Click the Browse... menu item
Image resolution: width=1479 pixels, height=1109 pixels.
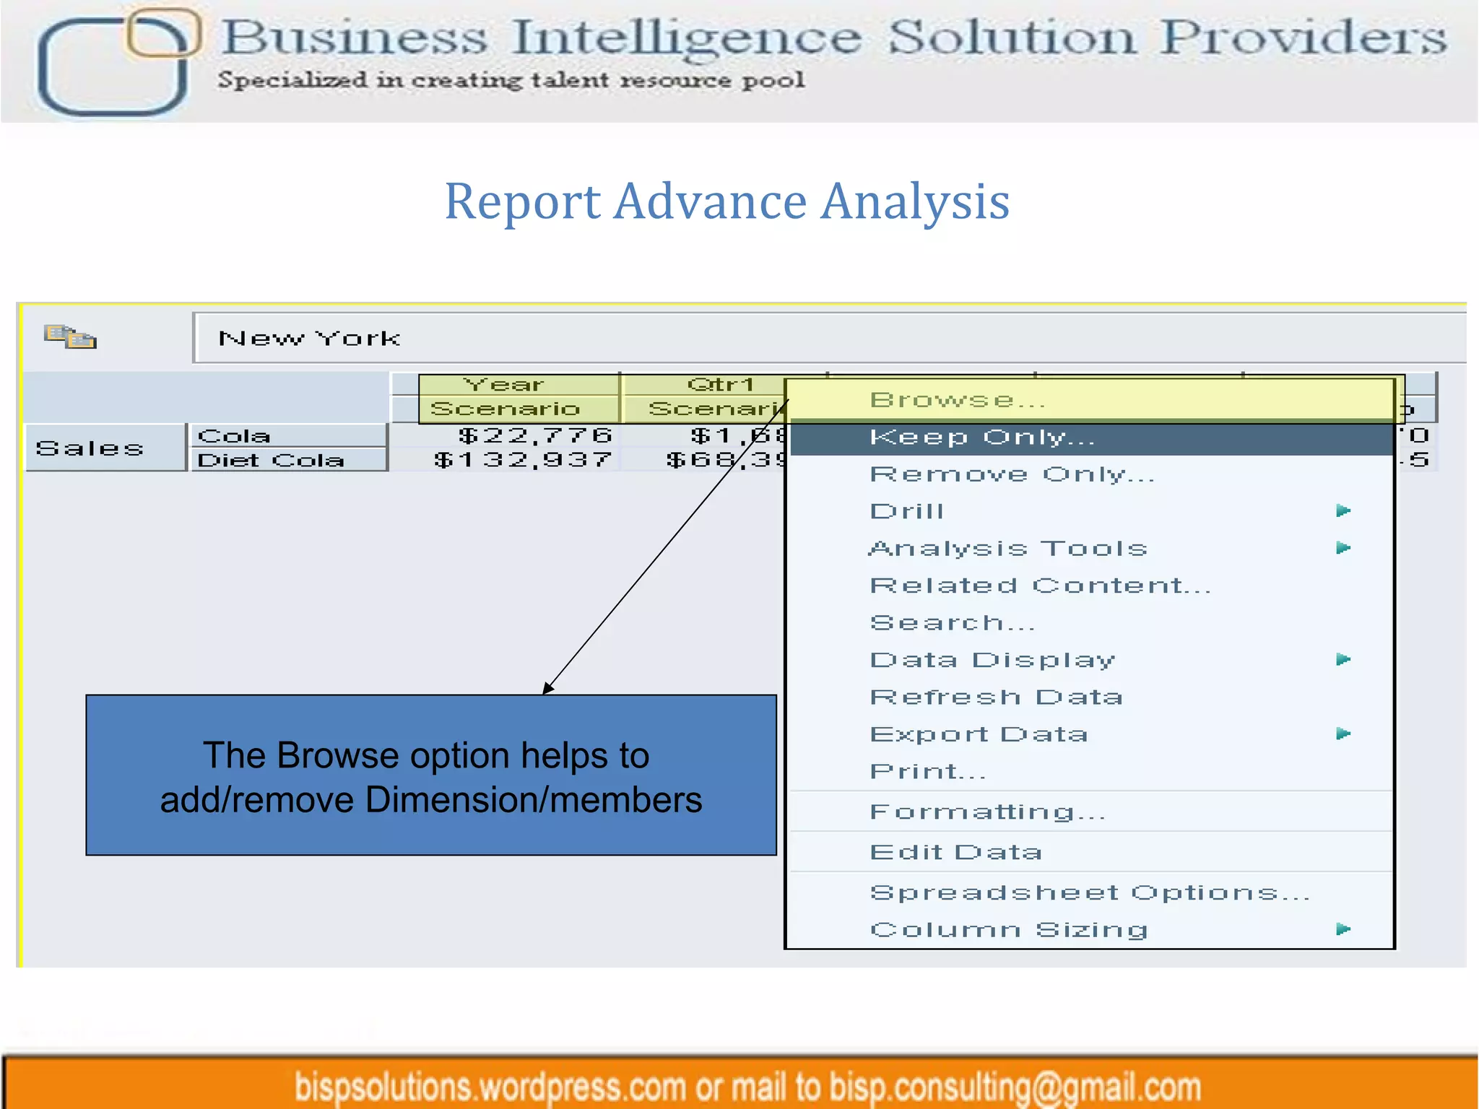957,400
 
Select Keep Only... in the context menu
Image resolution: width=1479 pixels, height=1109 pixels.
982,438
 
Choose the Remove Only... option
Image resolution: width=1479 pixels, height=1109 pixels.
1011,474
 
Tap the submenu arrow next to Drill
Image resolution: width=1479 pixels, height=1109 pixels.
1343,511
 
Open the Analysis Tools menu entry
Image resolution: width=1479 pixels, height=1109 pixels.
1008,549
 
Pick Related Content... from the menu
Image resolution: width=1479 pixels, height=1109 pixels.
1040,586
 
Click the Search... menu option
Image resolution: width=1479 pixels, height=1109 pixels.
952,623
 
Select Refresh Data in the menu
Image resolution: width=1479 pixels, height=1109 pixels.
996,697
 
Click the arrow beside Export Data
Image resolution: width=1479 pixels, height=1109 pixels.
1343,734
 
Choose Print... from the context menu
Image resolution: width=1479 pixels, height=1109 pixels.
927,772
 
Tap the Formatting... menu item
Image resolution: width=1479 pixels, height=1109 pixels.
987,812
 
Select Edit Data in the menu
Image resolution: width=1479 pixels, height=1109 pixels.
955,853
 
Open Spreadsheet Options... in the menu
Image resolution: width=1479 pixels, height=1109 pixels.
1089,893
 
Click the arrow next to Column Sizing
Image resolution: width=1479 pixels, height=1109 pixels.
1343,929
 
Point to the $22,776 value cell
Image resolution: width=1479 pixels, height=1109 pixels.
534,435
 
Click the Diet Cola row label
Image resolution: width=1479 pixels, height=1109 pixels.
271,461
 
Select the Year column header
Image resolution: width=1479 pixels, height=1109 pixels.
503,385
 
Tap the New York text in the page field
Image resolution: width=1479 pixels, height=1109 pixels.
309,338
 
